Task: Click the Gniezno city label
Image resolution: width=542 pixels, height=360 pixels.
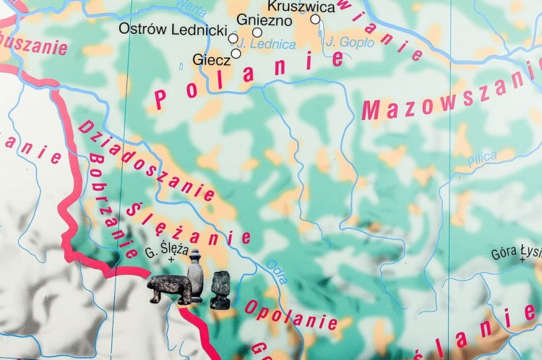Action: (x=263, y=20)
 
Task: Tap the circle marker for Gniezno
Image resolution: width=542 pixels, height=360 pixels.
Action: (x=257, y=33)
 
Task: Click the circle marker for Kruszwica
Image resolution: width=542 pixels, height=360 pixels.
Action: (x=315, y=20)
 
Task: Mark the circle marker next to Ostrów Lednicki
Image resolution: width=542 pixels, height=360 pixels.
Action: (x=233, y=38)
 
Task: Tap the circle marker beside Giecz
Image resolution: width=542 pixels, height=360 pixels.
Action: (x=236, y=53)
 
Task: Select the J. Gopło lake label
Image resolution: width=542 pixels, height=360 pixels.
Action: (x=349, y=43)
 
